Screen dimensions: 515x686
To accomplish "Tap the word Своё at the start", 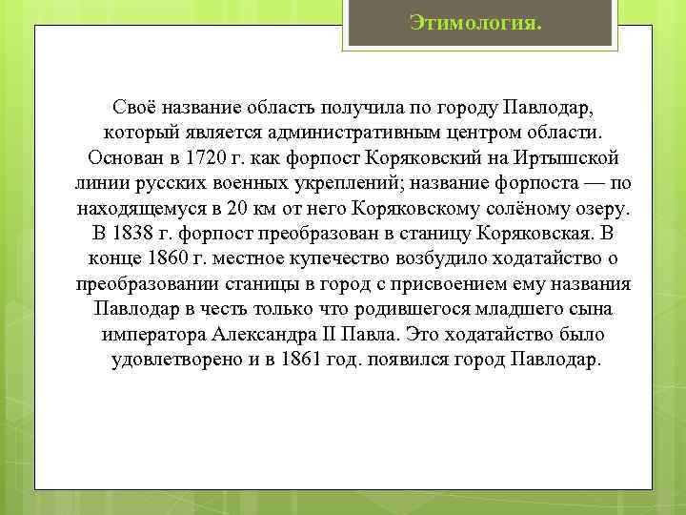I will click(x=133, y=104).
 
